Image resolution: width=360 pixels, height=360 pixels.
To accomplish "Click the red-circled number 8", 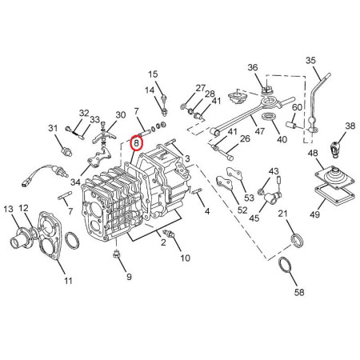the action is (136, 143).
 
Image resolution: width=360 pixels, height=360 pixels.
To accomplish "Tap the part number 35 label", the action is (310, 61).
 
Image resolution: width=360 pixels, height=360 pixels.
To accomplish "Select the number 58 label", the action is (299, 292).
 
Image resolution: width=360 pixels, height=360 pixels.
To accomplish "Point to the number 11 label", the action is (68, 281).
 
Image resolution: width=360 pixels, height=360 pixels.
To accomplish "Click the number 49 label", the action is (314, 214).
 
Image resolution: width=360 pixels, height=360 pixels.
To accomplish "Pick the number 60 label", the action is (297, 107).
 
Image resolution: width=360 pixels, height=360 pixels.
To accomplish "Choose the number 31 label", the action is (53, 128).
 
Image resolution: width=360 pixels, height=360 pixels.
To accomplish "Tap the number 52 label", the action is (242, 210).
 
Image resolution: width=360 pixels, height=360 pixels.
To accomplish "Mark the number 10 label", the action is (185, 258).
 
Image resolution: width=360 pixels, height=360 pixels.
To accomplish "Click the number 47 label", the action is (259, 131).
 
